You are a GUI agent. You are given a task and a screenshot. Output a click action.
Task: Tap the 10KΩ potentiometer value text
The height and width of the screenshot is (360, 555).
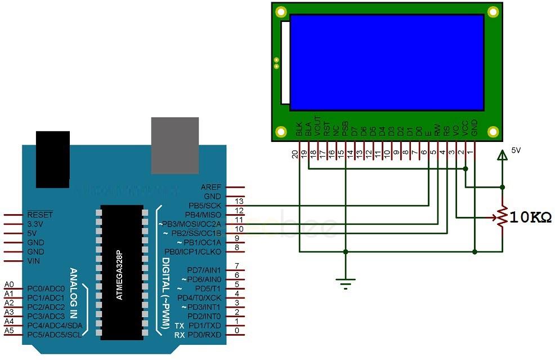point(529,217)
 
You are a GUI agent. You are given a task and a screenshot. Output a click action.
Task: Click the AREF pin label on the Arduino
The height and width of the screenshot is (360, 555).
point(211,187)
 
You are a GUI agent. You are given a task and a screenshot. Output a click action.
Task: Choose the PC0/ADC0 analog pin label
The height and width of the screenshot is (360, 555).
point(46,288)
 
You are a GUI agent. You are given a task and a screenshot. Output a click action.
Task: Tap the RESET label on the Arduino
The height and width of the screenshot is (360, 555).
point(39,215)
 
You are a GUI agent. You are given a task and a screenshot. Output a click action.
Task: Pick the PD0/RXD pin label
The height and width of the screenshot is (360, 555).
point(207,335)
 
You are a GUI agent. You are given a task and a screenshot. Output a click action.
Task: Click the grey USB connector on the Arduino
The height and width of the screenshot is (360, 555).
point(175,145)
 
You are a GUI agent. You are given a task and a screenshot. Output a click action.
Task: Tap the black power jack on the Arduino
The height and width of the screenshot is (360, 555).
point(53,159)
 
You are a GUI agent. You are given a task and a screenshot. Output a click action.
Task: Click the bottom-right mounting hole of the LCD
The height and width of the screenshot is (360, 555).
point(493,131)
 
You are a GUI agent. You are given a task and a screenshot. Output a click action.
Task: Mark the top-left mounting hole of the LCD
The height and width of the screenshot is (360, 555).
point(281,11)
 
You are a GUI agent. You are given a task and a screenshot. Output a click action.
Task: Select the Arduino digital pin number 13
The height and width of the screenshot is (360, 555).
point(239,201)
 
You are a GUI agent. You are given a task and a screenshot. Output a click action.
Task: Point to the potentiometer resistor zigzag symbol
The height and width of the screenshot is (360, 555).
point(502,217)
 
